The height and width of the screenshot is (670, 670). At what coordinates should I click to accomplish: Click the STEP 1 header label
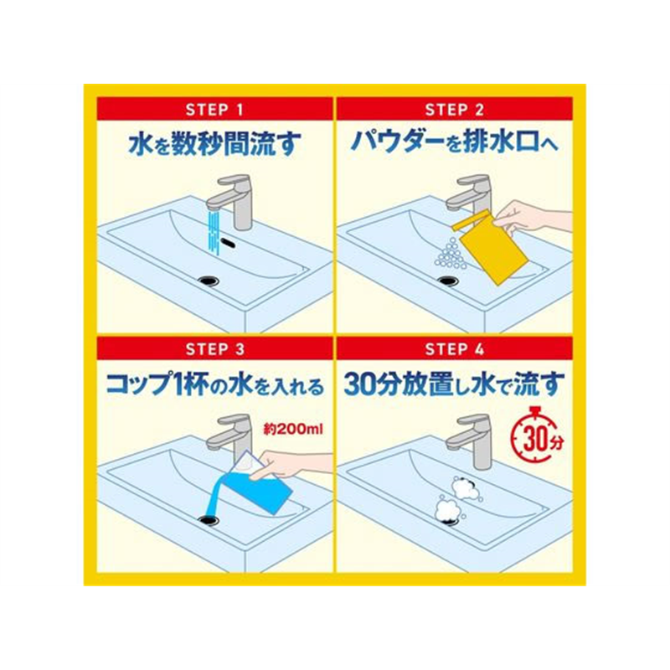coord(214,110)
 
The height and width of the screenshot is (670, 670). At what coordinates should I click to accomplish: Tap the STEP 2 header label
coord(455,110)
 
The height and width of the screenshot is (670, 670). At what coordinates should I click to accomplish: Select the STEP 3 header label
coord(215,349)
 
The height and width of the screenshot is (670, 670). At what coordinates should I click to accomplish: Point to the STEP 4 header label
coord(455,349)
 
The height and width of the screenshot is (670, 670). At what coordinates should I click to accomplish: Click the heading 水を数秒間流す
coord(215,143)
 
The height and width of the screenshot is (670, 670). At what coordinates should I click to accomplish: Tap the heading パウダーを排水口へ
coord(454,142)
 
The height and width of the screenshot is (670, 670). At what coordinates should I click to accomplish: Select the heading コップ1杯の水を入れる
coord(215,384)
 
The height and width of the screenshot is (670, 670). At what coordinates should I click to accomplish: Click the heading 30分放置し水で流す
coord(454,384)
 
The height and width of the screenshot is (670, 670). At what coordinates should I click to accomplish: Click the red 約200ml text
coord(292,429)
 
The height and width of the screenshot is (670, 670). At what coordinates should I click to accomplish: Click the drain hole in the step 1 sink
coord(209,281)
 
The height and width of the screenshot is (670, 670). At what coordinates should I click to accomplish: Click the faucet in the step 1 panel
coord(232,201)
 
